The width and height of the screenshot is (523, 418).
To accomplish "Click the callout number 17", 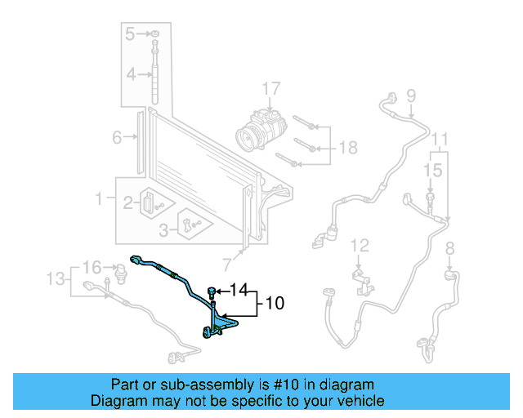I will coord(270,89).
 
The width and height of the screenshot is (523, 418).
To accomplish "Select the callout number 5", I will coord(130,33).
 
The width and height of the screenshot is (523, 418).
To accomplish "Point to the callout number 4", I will coord(130,76).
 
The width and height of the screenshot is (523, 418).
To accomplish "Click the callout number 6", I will coord(117,137).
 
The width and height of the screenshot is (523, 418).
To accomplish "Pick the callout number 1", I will coord(100,198).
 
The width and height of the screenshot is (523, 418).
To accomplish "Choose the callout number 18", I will coord(348,148).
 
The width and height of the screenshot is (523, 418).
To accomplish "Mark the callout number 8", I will coord(449,247).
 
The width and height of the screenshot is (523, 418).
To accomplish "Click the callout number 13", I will coord(55,280).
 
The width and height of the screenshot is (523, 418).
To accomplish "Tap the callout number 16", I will coord(92,267).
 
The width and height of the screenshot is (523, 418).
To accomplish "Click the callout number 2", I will coord(128,202).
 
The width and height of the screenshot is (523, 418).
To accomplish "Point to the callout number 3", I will coord(164,230).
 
